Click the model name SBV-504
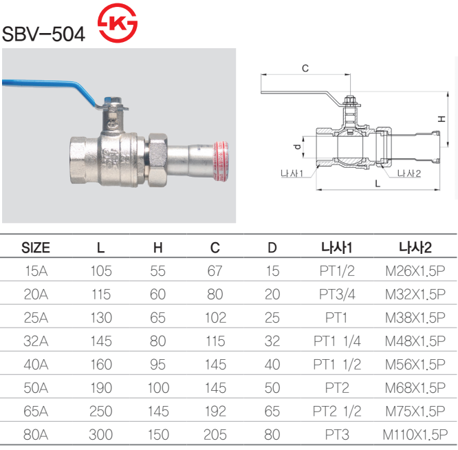click(44, 34)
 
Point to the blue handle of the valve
click(49, 86)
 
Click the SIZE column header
click(36, 248)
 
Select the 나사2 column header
click(415, 248)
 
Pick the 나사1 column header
click(337, 248)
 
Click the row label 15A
click(36, 271)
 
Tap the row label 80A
click(36, 435)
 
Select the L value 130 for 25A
click(101, 318)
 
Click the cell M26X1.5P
click(415, 271)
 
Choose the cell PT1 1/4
click(337, 341)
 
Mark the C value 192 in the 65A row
click(215, 411)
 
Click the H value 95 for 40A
click(158, 365)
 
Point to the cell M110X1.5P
click(415, 435)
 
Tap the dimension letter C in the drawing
click(305, 67)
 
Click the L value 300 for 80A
click(101, 435)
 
